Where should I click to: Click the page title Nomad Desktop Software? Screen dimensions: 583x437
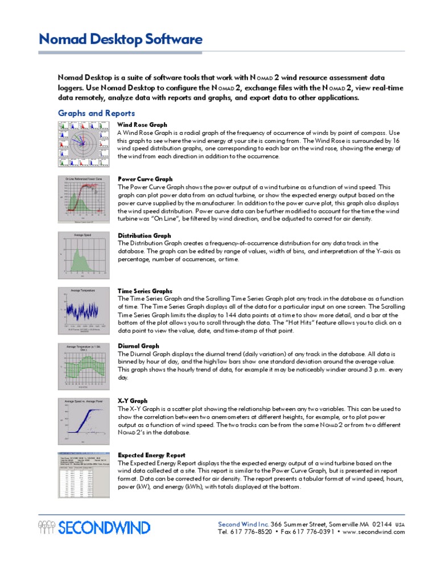[120, 39]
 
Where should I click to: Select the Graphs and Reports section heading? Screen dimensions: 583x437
[97, 113]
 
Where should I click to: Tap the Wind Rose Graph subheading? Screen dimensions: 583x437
[142, 124]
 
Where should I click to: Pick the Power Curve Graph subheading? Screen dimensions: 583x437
[145, 179]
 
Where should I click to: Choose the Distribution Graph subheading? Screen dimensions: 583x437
[144, 235]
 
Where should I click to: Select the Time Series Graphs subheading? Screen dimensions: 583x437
[145, 291]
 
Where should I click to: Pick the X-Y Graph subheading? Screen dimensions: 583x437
[132, 400]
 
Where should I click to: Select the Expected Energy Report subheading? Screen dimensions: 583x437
[151, 455]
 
